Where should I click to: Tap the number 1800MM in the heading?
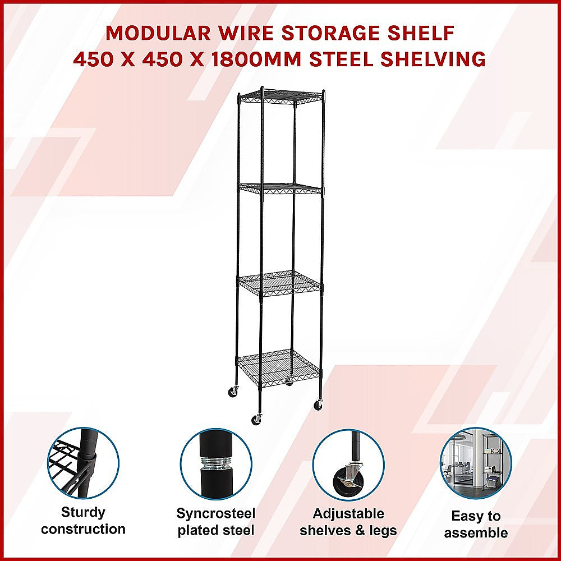click(324, 58)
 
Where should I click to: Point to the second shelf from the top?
click(280, 188)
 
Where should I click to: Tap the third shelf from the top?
click(279, 283)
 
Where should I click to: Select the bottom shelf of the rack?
click(279, 365)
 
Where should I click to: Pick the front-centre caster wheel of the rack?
click(256, 419)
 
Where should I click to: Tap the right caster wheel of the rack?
click(318, 404)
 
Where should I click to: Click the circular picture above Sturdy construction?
click(83, 462)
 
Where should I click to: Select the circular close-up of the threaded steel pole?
click(215, 463)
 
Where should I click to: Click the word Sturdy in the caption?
click(83, 512)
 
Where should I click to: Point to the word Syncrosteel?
click(216, 513)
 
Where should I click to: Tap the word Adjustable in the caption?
click(348, 514)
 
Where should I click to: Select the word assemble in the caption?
click(476, 532)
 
